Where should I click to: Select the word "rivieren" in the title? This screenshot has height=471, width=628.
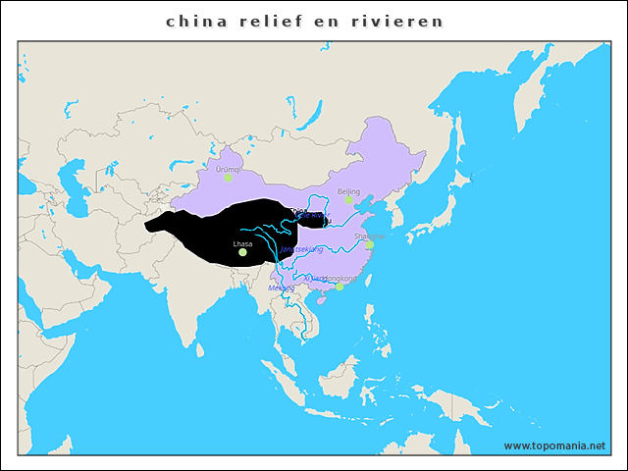[397, 21]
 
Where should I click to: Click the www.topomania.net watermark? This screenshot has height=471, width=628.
[554, 445]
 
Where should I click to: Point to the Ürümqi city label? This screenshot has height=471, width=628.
[228, 169]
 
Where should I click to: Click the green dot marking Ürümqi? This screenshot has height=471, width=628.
[228, 178]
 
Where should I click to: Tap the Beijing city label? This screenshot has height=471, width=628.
[348, 191]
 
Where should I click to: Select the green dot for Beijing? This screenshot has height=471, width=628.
[348, 200]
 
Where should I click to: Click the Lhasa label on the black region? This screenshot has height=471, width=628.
[242, 243]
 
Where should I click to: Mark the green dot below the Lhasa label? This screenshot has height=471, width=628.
[242, 252]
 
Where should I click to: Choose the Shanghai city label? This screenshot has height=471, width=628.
[369, 236]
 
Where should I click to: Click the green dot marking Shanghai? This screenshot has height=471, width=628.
[371, 244]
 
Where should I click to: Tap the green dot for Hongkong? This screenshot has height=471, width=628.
[340, 287]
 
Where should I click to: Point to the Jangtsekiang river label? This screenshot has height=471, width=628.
[301, 249]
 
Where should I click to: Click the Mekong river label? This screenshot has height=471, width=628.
[281, 288]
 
